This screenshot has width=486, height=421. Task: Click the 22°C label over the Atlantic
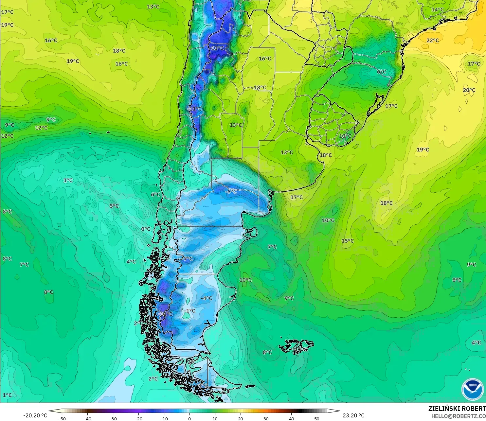tap(432, 40)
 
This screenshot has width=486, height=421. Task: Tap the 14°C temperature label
tap(437, 9)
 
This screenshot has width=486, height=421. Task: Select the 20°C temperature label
tap(469, 90)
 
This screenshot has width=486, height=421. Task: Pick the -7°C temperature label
tap(188, 258)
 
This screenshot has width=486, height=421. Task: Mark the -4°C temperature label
tap(207, 298)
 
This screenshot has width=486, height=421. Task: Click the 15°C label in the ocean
tap(348, 241)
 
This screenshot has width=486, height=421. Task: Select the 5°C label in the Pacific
tap(114, 206)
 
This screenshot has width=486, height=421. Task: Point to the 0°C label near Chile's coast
tap(146, 229)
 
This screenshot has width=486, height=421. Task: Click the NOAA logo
tap(472, 389)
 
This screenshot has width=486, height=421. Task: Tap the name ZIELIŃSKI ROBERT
tap(457, 409)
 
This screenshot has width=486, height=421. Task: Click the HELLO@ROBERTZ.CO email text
tap(458, 416)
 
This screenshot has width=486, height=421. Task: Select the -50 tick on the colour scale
tap(62, 418)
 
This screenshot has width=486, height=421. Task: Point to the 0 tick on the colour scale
tap(189, 418)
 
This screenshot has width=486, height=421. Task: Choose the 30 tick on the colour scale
tap(266, 418)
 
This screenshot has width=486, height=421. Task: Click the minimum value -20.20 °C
tap(35, 415)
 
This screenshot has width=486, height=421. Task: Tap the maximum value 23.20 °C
tap(353, 415)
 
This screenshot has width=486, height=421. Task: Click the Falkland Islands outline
tap(296, 346)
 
